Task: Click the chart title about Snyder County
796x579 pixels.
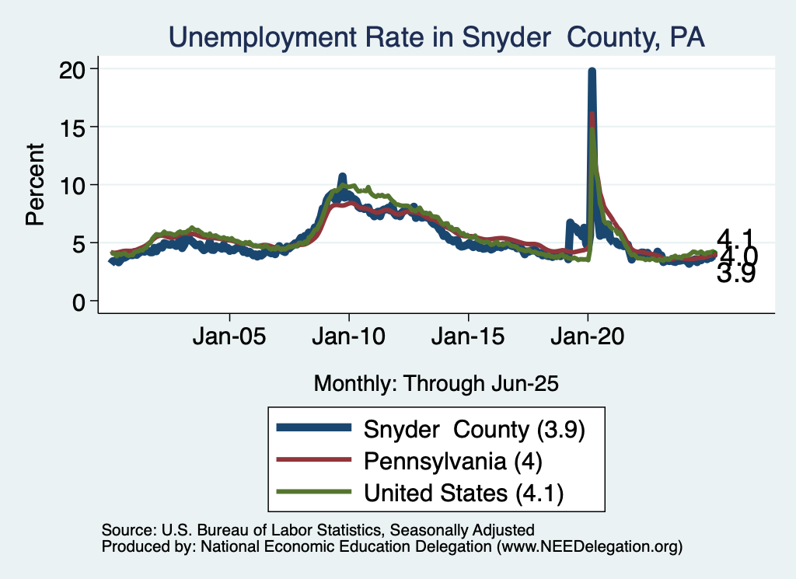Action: [x=437, y=37]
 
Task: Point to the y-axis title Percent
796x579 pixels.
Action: [x=35, y=184]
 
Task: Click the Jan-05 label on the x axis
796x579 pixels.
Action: [x=230, y=338]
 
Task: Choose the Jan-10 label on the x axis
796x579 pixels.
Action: [x=349, y=338]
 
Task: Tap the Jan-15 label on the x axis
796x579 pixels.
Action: [x=468, y=338]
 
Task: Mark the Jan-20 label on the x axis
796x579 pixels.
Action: [x=588, y=338]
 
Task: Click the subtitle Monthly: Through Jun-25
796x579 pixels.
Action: [x=436, y=383]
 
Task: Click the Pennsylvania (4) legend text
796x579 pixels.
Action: [x=452, y=460]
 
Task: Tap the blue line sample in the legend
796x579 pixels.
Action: [x=314, y=428]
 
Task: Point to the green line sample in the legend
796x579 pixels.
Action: [x=314, y=492]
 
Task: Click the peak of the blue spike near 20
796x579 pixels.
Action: [x=592, y=72]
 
